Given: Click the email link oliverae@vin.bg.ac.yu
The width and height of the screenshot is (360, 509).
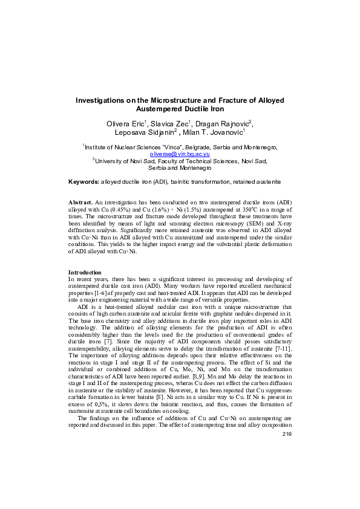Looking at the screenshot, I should point(180,154).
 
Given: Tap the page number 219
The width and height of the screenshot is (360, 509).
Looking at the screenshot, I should point(287,487).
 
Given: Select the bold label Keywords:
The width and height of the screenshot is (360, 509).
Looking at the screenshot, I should point(84,181).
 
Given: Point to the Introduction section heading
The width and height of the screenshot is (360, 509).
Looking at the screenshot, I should point(85,273).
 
